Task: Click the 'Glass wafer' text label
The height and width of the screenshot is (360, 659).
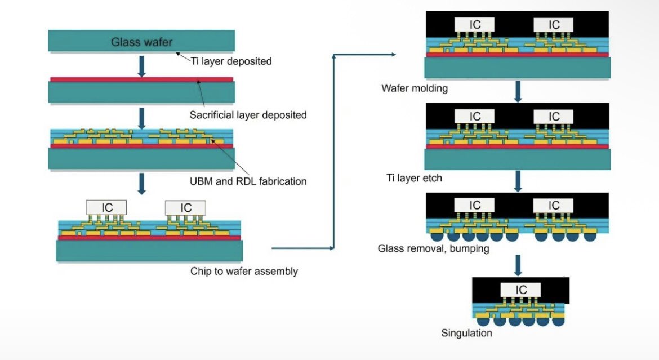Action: pyautogui.click(x=141, y=42)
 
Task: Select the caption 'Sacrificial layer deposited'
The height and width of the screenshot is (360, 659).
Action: pyautogui.click(x=248, y=115)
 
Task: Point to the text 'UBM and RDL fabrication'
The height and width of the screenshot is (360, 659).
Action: pyautogui.click(x=248, y=181)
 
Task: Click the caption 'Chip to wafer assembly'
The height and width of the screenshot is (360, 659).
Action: pyautogui.click(x=244, y=272)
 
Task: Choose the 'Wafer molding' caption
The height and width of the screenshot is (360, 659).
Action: pyautogui.click(x=414, y=88)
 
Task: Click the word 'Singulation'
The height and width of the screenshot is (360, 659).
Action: pyautogui.click(x=466, y=333)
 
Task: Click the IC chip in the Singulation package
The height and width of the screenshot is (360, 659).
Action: pyautogui.click(x=522, y=290)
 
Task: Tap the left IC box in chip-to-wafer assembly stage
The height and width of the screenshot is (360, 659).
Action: pyautogui.click(x=106, y=207)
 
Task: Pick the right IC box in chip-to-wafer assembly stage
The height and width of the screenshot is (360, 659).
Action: pyautogui.click(x=185, y=207)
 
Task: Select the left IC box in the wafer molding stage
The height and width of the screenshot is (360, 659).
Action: pyautogui.click(x=475, y=24)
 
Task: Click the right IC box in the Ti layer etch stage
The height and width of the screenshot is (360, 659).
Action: pyautogui.click(x=554, y=116)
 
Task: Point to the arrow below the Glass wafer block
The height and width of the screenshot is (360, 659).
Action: pyautogui.click(x=142, y=65)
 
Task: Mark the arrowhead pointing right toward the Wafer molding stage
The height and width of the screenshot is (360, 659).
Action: pyautogui.click(x=393, y=55)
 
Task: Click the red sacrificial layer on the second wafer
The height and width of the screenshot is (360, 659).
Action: pyautogui.click(x=141, y=79)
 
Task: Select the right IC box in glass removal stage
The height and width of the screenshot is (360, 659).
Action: pyautogui.click(x=554, y=205)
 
